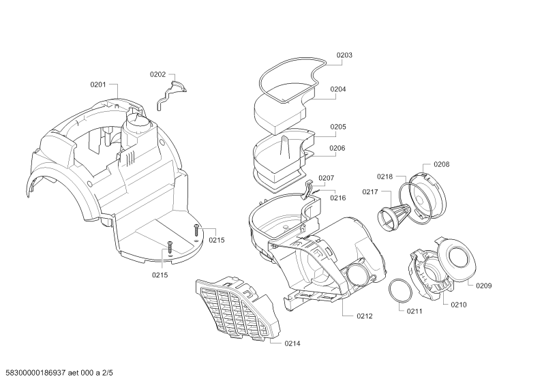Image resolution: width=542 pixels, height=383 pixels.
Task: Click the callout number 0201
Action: tap(98, 85)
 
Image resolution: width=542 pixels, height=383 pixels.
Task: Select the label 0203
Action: tap(344, 55)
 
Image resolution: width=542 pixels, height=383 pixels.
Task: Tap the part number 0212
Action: tap(365, 316)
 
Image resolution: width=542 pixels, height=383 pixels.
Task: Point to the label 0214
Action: tap(292, 343)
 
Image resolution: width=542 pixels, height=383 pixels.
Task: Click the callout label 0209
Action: tap(484, 286)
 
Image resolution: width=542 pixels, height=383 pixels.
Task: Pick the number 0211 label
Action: tap(415, 311)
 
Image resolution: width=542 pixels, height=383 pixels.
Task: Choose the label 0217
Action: tap(370, 192)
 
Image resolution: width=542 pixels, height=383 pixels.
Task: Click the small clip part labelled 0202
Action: tap(171, 93)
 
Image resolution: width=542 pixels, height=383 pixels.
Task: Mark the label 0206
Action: tap(337, 149)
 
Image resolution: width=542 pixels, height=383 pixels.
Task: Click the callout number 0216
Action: tap(337, 198)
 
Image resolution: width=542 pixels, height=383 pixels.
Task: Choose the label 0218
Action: tap(385, 177)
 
